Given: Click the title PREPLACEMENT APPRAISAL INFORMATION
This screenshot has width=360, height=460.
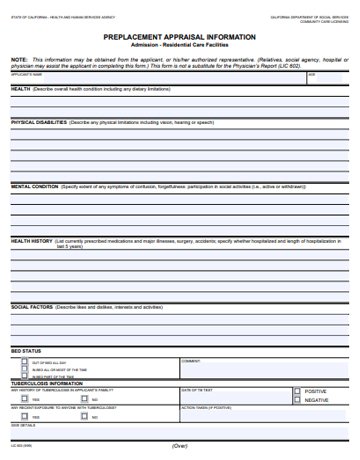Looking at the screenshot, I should pyautogui.click(x=179, y=36).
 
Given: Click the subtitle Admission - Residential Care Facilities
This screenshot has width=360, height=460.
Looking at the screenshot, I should pyautogui.click(x=179, y=45).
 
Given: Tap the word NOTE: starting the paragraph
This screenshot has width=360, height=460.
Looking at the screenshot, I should pyautogui.click(x=18, y=58).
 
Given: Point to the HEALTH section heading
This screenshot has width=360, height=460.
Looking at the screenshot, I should pyautogui.click(x=20, y=88).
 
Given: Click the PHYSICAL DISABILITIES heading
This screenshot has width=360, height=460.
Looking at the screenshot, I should pyautogui.click(x=40, y=121).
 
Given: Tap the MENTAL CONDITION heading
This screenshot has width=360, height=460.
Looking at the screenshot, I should pyautogui.click(x=34, y=185).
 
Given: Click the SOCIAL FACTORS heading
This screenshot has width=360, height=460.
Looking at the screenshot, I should pyautogui.click(x=32, y=306).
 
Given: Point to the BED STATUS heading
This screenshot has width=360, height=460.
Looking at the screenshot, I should pyautogui.click(x=26, y=352).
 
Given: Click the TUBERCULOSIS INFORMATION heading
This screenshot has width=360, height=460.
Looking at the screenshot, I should pyautogui.click(x=46, y=383).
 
